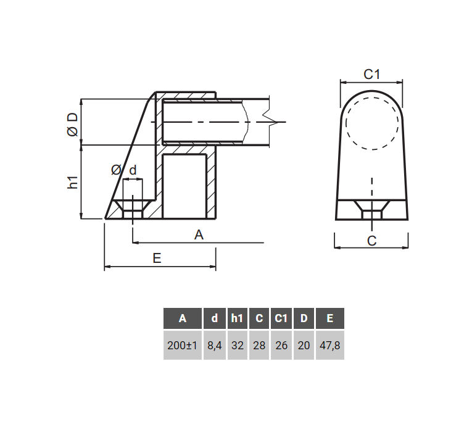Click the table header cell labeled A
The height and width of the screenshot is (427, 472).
(x=183, y=318)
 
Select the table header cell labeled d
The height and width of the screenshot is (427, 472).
(x=214, y=318)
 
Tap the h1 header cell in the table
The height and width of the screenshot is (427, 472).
(x=237, y=318)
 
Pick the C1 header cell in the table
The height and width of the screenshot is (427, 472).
(x=281, y=318)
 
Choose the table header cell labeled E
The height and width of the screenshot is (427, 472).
(x=330, y=318)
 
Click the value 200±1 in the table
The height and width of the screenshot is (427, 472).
(x=183, y=345)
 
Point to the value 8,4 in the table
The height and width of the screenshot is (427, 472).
(x=214, y=345)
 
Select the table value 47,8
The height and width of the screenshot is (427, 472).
(x=330, y=345)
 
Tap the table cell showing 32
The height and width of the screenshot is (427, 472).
(x=237, y=345)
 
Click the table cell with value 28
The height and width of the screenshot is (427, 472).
(x=259, y=345)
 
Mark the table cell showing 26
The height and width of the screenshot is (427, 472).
(x=281, y=345)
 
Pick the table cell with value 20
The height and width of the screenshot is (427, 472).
(x=304, y=345)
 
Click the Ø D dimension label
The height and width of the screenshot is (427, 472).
(x=72, y=123)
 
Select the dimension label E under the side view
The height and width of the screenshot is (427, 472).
(x=157, y=259)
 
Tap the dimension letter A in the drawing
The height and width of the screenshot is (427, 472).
(x=199, y=234)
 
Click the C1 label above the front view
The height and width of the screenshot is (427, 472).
(x=371, y=75)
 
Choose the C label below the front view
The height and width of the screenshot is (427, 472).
(x=371, y=241)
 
